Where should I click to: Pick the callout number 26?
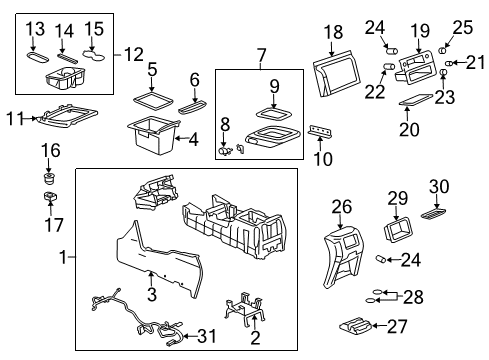coord(342,206)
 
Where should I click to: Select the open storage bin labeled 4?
coord(150,135)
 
